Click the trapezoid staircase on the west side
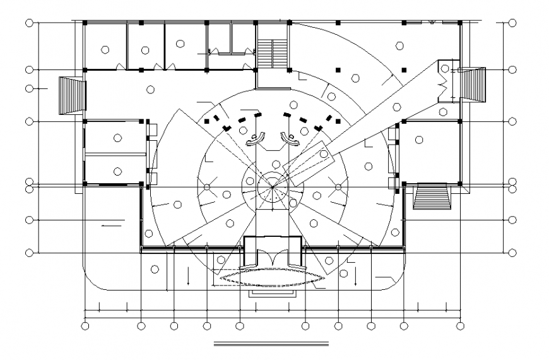coord(71,95)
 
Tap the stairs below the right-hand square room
coord(432,196)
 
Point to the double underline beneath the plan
coord(272,345)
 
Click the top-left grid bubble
coord(29,23)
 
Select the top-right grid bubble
coord(512,23)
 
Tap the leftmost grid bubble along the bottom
coord(85,326)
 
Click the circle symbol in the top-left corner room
coord(105,49)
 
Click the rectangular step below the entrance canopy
coord(273,292)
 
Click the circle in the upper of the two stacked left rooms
coord(117,138)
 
